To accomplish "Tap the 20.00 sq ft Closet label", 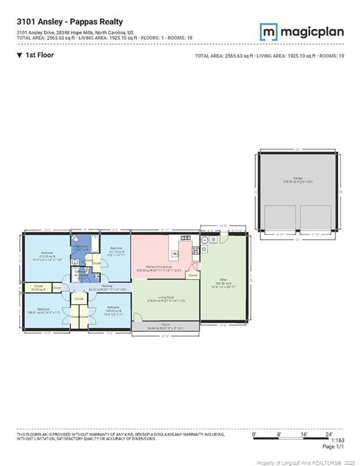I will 38,287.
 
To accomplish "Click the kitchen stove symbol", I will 196,250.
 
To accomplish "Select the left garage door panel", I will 280,220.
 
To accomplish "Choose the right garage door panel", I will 315,220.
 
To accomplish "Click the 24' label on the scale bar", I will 328,434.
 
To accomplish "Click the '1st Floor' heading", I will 39,55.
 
